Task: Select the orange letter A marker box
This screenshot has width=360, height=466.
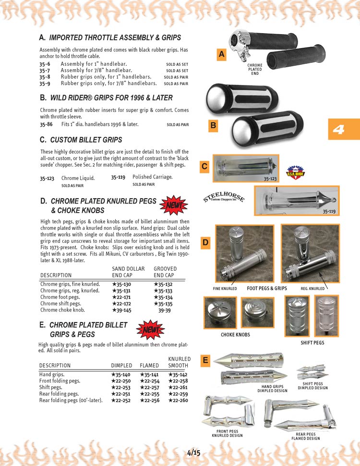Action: pyautogui.click(x=221, y=55)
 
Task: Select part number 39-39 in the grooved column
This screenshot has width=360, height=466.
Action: pyautogui.click(x=165, y=310)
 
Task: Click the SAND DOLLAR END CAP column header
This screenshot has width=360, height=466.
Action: pyautogui.click(x=128, y=272)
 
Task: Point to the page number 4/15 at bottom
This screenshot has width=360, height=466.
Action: pyautogui.click(x=194, y=452)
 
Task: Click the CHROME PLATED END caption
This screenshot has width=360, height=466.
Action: pyautogui.click(x=255, y=69)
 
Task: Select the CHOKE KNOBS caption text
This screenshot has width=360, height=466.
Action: pyautogui.click(x=235, y=335)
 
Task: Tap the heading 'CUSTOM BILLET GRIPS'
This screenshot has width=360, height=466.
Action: pyautogui.click(x=86, y=140)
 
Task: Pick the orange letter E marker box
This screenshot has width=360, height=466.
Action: pyautogui.click(x=205, y=360)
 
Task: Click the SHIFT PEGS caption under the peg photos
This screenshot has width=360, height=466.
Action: pyautogui.click(x=312, y=343)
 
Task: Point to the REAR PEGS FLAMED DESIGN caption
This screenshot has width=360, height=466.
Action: pyautogui.click(x=305, y=436)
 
